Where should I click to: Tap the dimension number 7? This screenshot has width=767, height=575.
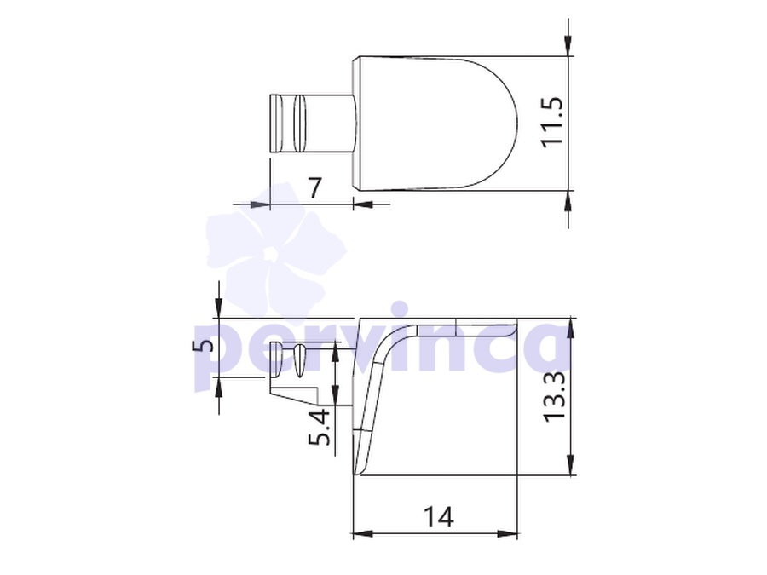click(x=315, y=187)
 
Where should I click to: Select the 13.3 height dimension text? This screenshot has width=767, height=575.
click(x=555, y=396)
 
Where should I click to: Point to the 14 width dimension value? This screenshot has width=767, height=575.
click(x=438, y=517)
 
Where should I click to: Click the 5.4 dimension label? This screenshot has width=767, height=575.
click(x=319, y=427)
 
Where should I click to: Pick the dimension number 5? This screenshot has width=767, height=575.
click(x=204, y=345)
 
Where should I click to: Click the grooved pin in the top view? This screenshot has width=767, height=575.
click(x=311, y=123)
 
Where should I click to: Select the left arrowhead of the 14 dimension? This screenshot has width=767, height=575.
click(x=362, y=533)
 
